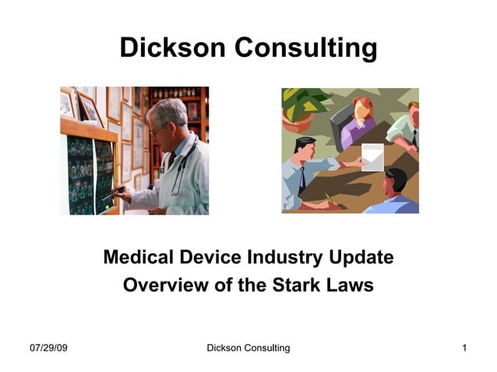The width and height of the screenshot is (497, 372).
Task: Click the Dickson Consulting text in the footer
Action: [248, 348]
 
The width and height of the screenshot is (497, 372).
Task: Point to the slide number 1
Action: [464, 348]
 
